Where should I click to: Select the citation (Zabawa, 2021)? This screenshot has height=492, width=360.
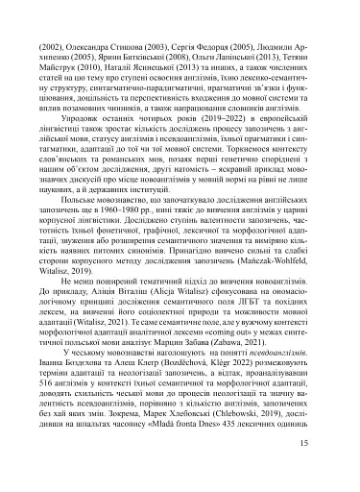(x=259, y=355)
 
